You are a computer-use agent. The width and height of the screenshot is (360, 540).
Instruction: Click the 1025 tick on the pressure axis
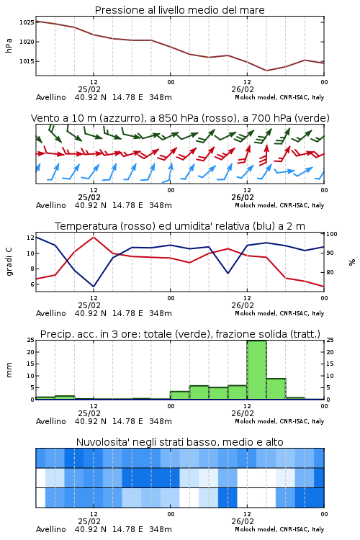click(27, 22)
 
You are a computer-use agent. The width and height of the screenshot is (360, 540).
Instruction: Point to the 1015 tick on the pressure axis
click(27, 61)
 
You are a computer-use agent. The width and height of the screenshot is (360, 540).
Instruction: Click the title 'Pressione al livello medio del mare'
click(180, 10)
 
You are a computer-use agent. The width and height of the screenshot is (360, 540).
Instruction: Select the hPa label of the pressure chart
click(9, 45)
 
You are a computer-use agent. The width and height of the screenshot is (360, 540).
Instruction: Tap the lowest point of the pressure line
click(266, 71)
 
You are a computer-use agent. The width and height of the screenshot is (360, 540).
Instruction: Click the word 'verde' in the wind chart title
click(312, 119)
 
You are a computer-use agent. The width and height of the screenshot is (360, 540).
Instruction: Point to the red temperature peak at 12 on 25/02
click(94, 237)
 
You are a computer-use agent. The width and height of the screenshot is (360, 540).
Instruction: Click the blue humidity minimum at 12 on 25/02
click(94, 287)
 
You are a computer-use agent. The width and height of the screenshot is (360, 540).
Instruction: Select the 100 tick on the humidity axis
click(332, 234)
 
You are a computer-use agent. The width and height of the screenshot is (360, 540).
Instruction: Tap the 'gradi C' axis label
click(9, 262)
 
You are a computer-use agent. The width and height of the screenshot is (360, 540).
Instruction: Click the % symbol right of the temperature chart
click(352, 262)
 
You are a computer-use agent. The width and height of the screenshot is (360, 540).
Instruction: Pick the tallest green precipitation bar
click(256, 370)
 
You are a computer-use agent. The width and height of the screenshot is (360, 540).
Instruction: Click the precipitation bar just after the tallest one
click(276, 389)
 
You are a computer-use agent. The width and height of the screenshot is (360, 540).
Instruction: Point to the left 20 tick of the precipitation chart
click(31, 352)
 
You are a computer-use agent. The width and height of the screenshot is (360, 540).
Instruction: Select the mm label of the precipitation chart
click(9, 370)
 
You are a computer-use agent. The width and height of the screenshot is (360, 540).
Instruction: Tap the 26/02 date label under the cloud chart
click(243, 521)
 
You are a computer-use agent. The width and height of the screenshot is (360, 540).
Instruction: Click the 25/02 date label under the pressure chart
click(89, 89)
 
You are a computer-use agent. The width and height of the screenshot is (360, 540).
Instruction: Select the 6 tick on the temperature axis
click(32, 284)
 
